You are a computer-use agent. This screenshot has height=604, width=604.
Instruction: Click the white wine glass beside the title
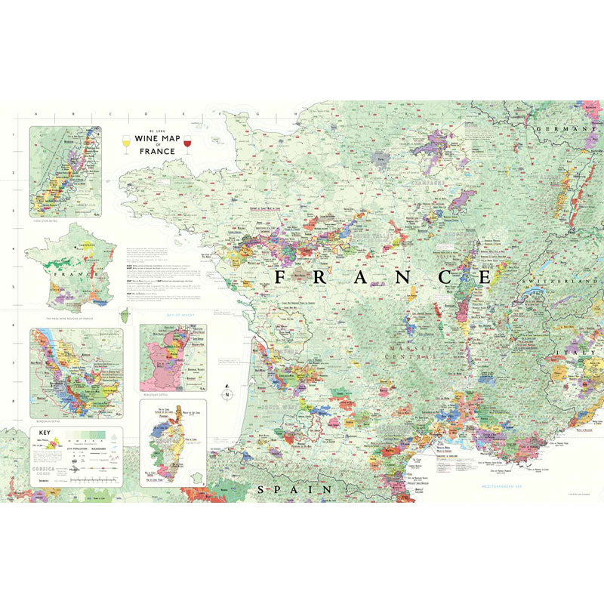tap(126, 143)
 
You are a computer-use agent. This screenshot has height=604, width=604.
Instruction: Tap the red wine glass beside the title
tap(187, 143)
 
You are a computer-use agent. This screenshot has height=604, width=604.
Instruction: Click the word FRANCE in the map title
tap(157, 151)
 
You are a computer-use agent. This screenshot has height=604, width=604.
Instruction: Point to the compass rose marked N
tap(226, 393)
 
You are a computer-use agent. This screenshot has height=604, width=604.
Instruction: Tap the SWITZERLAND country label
tap(555, 282)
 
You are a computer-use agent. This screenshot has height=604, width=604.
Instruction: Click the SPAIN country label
tap(295, 489)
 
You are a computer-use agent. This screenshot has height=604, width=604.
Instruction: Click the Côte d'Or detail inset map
tap(65, 171)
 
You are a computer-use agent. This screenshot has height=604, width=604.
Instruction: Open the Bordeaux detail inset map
tap(75, 373)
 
